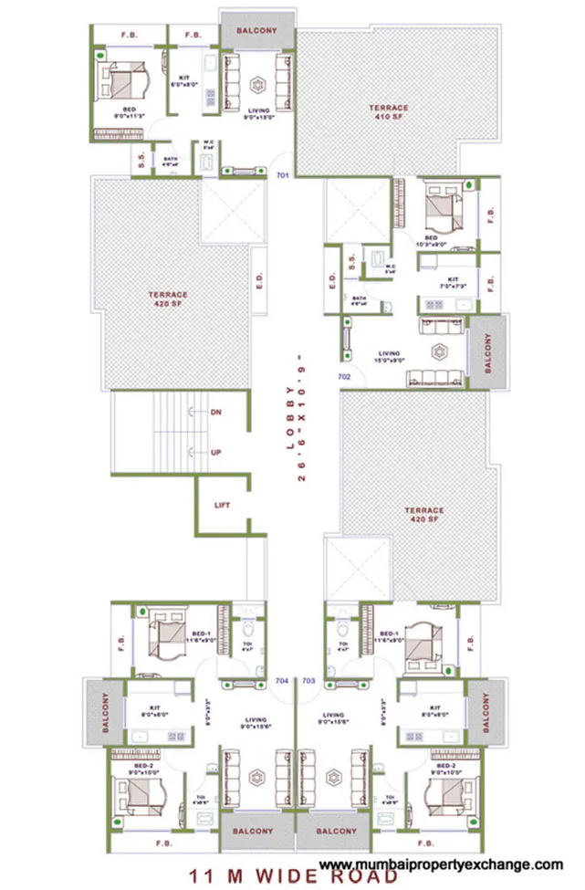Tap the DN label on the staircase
pos(216,413)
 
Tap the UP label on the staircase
pos(216,453)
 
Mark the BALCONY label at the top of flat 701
pos(256,31)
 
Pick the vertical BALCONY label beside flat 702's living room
pos(486,352)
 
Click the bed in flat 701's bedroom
pos(125,83)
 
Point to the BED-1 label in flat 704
pos(203,634)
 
